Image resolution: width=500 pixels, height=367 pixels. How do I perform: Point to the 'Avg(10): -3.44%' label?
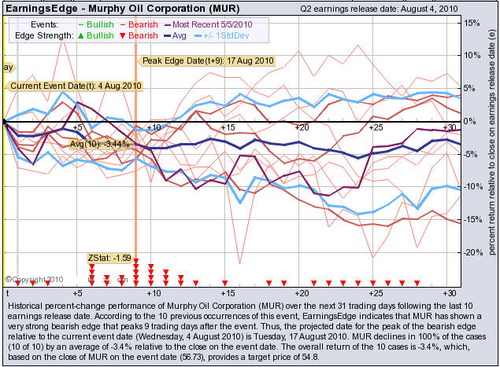[x=99, y=144]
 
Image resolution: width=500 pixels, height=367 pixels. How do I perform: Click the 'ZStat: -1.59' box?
[x=108, y=257]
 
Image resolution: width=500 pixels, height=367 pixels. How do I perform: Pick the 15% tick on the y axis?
[x=472, y=23]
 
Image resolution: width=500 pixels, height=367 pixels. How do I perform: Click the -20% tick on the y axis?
[x=471, y=253]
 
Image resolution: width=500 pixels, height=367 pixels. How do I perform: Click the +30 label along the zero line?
[x=449, y=127]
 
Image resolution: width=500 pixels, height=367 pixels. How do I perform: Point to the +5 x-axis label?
[x=77, y=127]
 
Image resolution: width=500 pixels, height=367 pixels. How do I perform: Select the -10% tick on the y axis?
[x=471, y=187]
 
